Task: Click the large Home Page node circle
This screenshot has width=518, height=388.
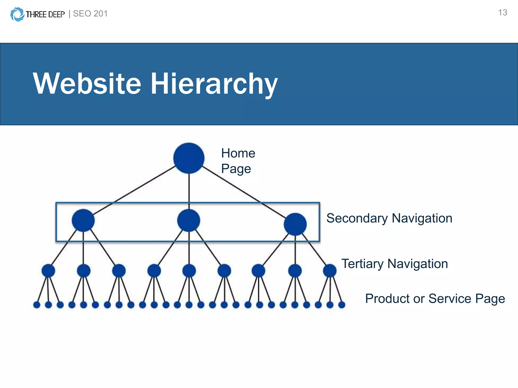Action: (189, 158)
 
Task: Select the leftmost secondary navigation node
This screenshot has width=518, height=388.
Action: (83, 220)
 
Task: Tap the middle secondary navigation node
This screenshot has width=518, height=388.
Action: (189, 220)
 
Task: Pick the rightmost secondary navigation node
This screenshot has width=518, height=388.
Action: (295, 224)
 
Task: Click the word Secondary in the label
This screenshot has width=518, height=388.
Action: (357, 218)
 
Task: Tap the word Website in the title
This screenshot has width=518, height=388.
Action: (87, 84)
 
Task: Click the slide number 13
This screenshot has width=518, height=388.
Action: (503, 13)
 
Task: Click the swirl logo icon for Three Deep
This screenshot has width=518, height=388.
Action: (17, 14)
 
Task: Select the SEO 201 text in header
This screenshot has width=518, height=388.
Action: (90, 14)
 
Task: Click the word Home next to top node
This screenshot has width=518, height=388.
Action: (238, 153)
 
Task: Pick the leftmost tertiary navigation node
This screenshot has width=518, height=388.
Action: (48, 271)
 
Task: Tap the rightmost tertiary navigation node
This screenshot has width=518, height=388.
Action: (330, 271)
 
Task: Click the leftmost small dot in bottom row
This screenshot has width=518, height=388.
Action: (37, 305)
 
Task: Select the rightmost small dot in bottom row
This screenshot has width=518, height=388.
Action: (342, 305)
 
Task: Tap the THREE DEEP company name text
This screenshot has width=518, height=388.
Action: (45, 14)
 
